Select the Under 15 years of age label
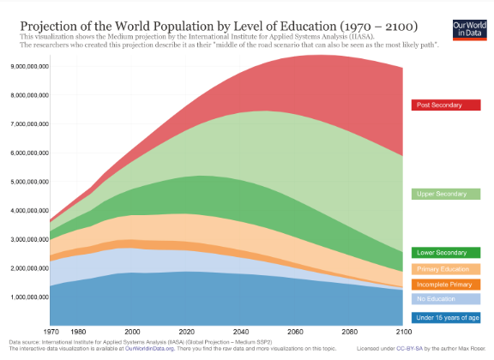(x=444, y=317)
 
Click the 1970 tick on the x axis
(x=52, y=331)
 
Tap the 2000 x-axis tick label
(x=133, y=331)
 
